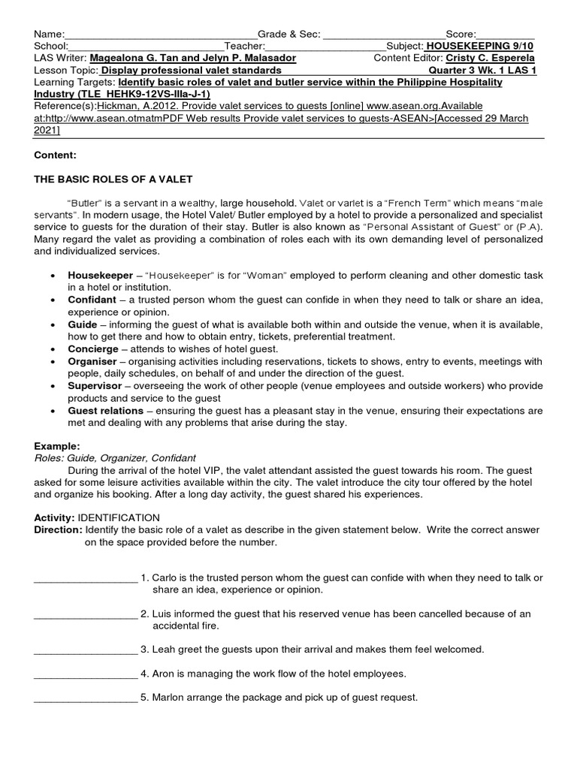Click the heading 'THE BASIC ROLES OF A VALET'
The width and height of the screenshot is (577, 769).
[x=113, y=179]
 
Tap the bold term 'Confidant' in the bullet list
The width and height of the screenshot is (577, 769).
[x=92, y=300]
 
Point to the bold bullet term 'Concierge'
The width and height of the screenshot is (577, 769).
[x=93, y=349]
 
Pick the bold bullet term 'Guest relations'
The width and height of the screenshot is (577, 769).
[x=105, y=411]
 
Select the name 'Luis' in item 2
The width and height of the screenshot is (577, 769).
[x=163, y=614]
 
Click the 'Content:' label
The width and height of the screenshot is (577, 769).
[x=55, y=155]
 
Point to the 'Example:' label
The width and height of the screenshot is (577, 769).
[x=57, y=446]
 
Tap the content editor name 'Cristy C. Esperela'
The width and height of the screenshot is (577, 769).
[x=491, y=58]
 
